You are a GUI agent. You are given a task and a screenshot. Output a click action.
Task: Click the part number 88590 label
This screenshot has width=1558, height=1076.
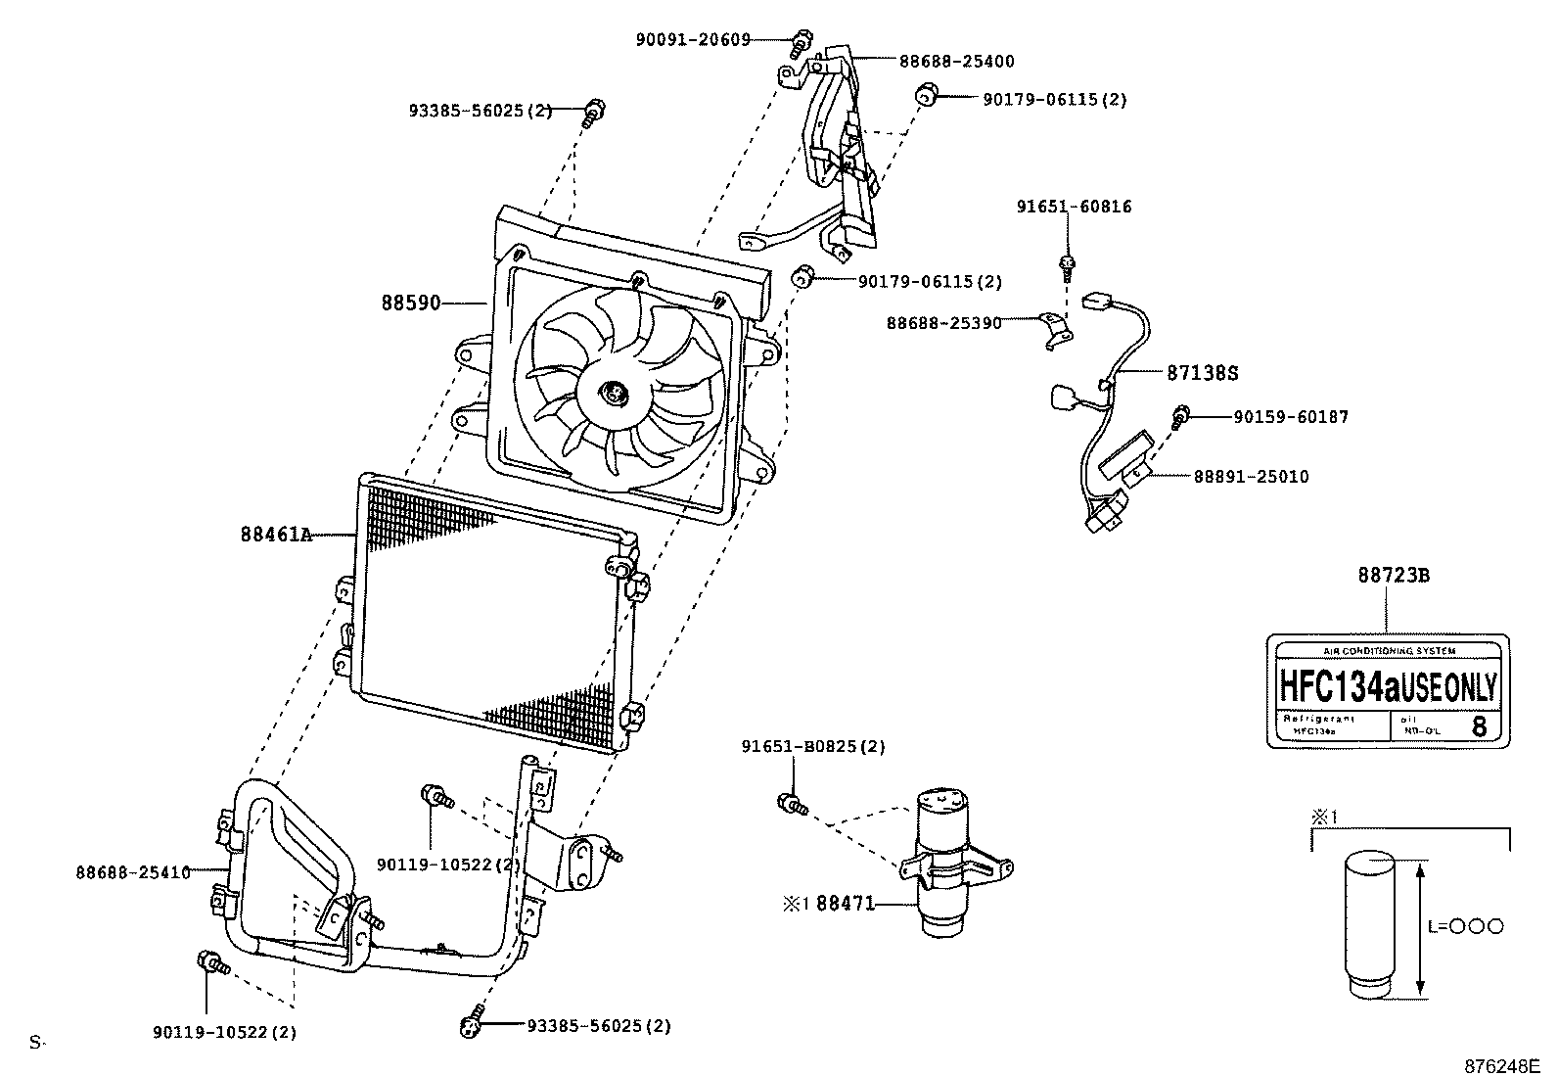tap(410, 304)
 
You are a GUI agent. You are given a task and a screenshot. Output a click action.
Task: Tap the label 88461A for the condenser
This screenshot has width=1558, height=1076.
tap(276, 535)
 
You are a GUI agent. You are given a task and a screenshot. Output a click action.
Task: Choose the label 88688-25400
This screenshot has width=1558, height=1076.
tap(956, 61)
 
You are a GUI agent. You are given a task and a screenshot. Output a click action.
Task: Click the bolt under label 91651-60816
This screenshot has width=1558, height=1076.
tap(1068, 264)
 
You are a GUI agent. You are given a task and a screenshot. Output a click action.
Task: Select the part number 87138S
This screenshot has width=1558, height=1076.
tap(1203, 373)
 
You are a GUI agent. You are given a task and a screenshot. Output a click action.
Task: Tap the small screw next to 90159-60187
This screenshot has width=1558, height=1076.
tap(1181, 416)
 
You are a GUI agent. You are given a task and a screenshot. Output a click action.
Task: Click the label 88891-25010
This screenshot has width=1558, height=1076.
tap(1251, 477)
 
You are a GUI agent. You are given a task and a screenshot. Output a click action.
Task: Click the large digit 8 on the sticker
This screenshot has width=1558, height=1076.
tap(1479, 726)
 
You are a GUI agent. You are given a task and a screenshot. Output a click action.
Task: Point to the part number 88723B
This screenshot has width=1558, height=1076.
tap(1393, 576)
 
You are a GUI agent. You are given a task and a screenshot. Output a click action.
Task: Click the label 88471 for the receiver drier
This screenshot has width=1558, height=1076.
tap(846, 903)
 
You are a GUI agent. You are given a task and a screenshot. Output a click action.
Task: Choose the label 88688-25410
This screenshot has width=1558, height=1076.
tap(132, 870)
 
